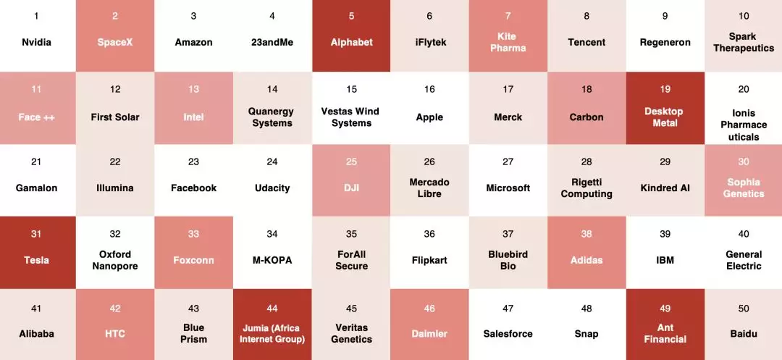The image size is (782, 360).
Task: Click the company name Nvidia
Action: pos(36,42)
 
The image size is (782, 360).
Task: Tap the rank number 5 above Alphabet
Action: pos(351,16)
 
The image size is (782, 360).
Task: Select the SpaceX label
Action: pos(115,42)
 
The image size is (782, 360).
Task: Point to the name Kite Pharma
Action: pos(508,42)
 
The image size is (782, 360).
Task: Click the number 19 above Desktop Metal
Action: pos(665,89)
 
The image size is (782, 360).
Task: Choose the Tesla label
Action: pos(36,260)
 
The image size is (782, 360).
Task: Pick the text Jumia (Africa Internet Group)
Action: pos(272,333)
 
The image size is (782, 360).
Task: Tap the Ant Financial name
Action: pos(665,333)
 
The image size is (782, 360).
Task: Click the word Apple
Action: pos(429,117)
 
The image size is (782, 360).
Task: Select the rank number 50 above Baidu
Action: pos(744,309)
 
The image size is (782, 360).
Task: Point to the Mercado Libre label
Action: pos(429,188)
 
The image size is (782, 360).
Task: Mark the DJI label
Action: pos(351,188)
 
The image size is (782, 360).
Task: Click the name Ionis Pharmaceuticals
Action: pos(744,125)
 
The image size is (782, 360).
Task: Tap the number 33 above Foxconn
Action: pos(193,234)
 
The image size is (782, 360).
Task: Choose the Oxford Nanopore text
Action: pos(115,260)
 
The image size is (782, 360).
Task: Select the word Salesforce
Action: pos(508,334)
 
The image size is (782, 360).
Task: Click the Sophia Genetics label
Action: pos(744,188)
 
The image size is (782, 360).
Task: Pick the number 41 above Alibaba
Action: pos(36,309)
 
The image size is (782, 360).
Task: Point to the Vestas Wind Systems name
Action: pos(351,117)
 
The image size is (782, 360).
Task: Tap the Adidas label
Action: pos(586,260)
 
